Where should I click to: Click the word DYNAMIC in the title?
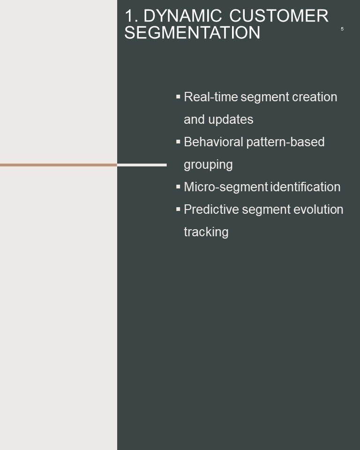183,15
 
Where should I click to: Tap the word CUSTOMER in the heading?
279,15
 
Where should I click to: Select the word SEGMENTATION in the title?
192,32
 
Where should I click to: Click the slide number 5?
342,29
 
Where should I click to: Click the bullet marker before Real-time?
178,97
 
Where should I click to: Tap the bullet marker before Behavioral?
178,142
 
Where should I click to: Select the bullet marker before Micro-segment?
178,187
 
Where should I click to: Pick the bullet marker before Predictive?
178,209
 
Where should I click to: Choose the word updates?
231,120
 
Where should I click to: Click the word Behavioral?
214,142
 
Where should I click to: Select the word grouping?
208,165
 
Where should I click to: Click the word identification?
306,187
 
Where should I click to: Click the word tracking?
206,232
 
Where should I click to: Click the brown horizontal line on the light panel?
59,165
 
